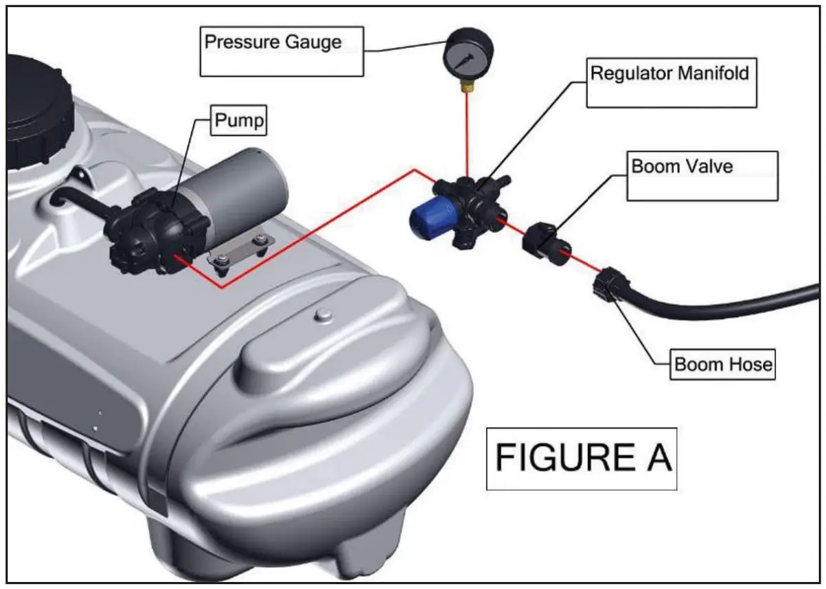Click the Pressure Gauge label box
coord(281,51)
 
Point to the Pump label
coord(238,122)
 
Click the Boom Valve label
coord(701,175)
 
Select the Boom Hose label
coord(723,363)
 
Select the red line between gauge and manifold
coord(467,134)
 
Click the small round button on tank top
coord(319,314)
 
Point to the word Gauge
coord(315,42)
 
